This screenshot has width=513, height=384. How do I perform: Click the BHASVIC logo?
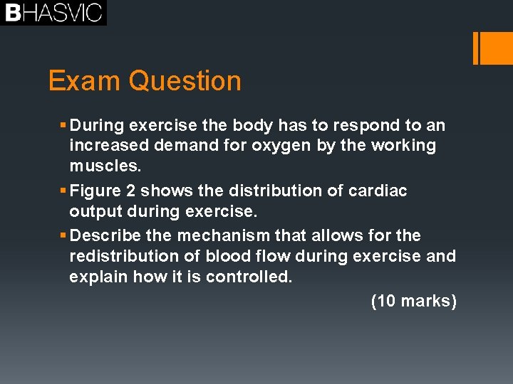point(53,13)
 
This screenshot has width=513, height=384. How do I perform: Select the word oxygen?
point(336,146)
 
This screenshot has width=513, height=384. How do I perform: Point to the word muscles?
point(105,166)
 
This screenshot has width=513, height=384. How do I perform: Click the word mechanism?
point(208,235)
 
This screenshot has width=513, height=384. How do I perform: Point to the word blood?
point(229,256)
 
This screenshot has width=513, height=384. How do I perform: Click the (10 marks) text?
point(413,301)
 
